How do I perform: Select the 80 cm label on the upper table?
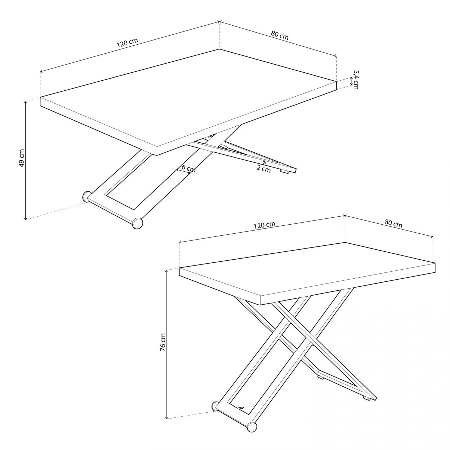coord(280,35)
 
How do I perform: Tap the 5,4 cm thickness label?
coord(355,80)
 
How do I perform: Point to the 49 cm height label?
coord(21,159)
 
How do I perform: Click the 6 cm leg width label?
coord(188,169)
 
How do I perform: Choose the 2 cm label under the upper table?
coord(264,169)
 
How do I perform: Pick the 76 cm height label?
coord(163,343)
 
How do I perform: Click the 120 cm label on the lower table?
coord(264,225)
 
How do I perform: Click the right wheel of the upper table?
coord(137,224)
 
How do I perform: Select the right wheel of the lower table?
coord(252,427)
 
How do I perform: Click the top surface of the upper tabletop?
coord(187,97)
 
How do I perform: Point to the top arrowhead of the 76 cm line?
coord(167,271)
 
